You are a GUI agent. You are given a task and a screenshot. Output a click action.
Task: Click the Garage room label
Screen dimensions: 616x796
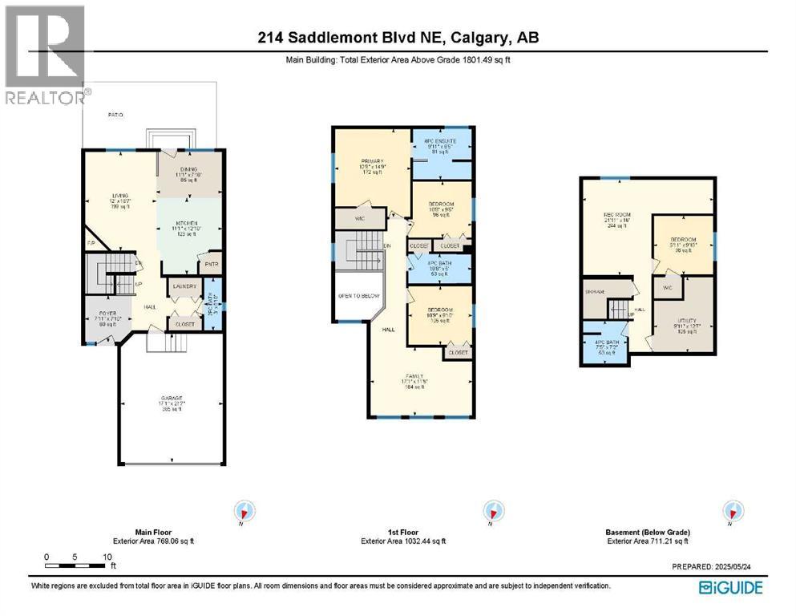[170, 399]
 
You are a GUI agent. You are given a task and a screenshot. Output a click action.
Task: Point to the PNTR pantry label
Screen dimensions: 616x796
[211, 264]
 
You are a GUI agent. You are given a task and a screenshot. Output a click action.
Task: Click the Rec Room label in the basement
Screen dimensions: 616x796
[616, 215]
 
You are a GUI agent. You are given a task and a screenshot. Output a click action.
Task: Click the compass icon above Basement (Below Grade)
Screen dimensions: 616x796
[731, 510]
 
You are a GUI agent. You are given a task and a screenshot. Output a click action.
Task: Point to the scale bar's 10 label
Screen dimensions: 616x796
[107, 557]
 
